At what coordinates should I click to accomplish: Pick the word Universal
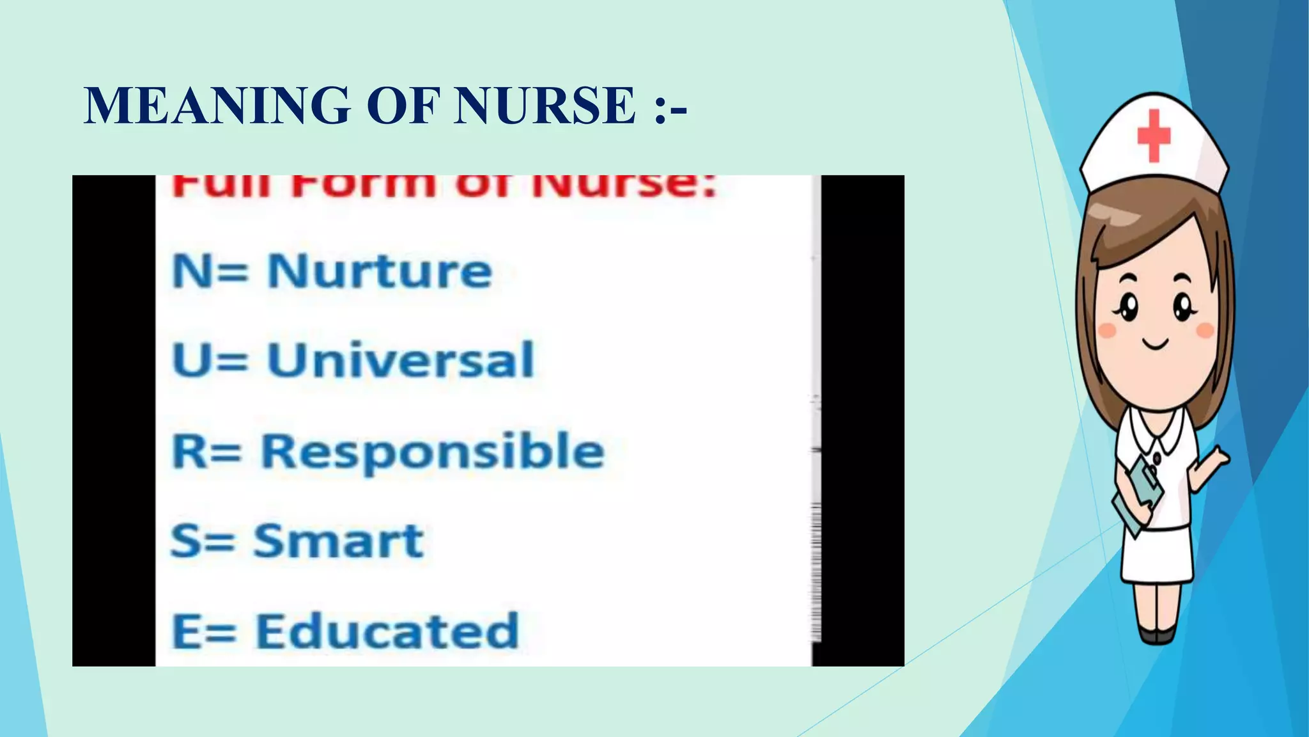pyautogui.click(x=400, y=360)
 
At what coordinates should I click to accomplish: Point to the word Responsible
pyautogui.click(x=433, y=452)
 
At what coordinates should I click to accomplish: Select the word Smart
pyautogui.click(x=338, y=541)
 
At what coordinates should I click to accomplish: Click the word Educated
pyautogui.click(x=387, y=631)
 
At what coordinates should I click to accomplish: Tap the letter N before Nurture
pyautogui.click(x=192, y=271)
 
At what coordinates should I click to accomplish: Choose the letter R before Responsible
pyautogui.click(x=190, y=452)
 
